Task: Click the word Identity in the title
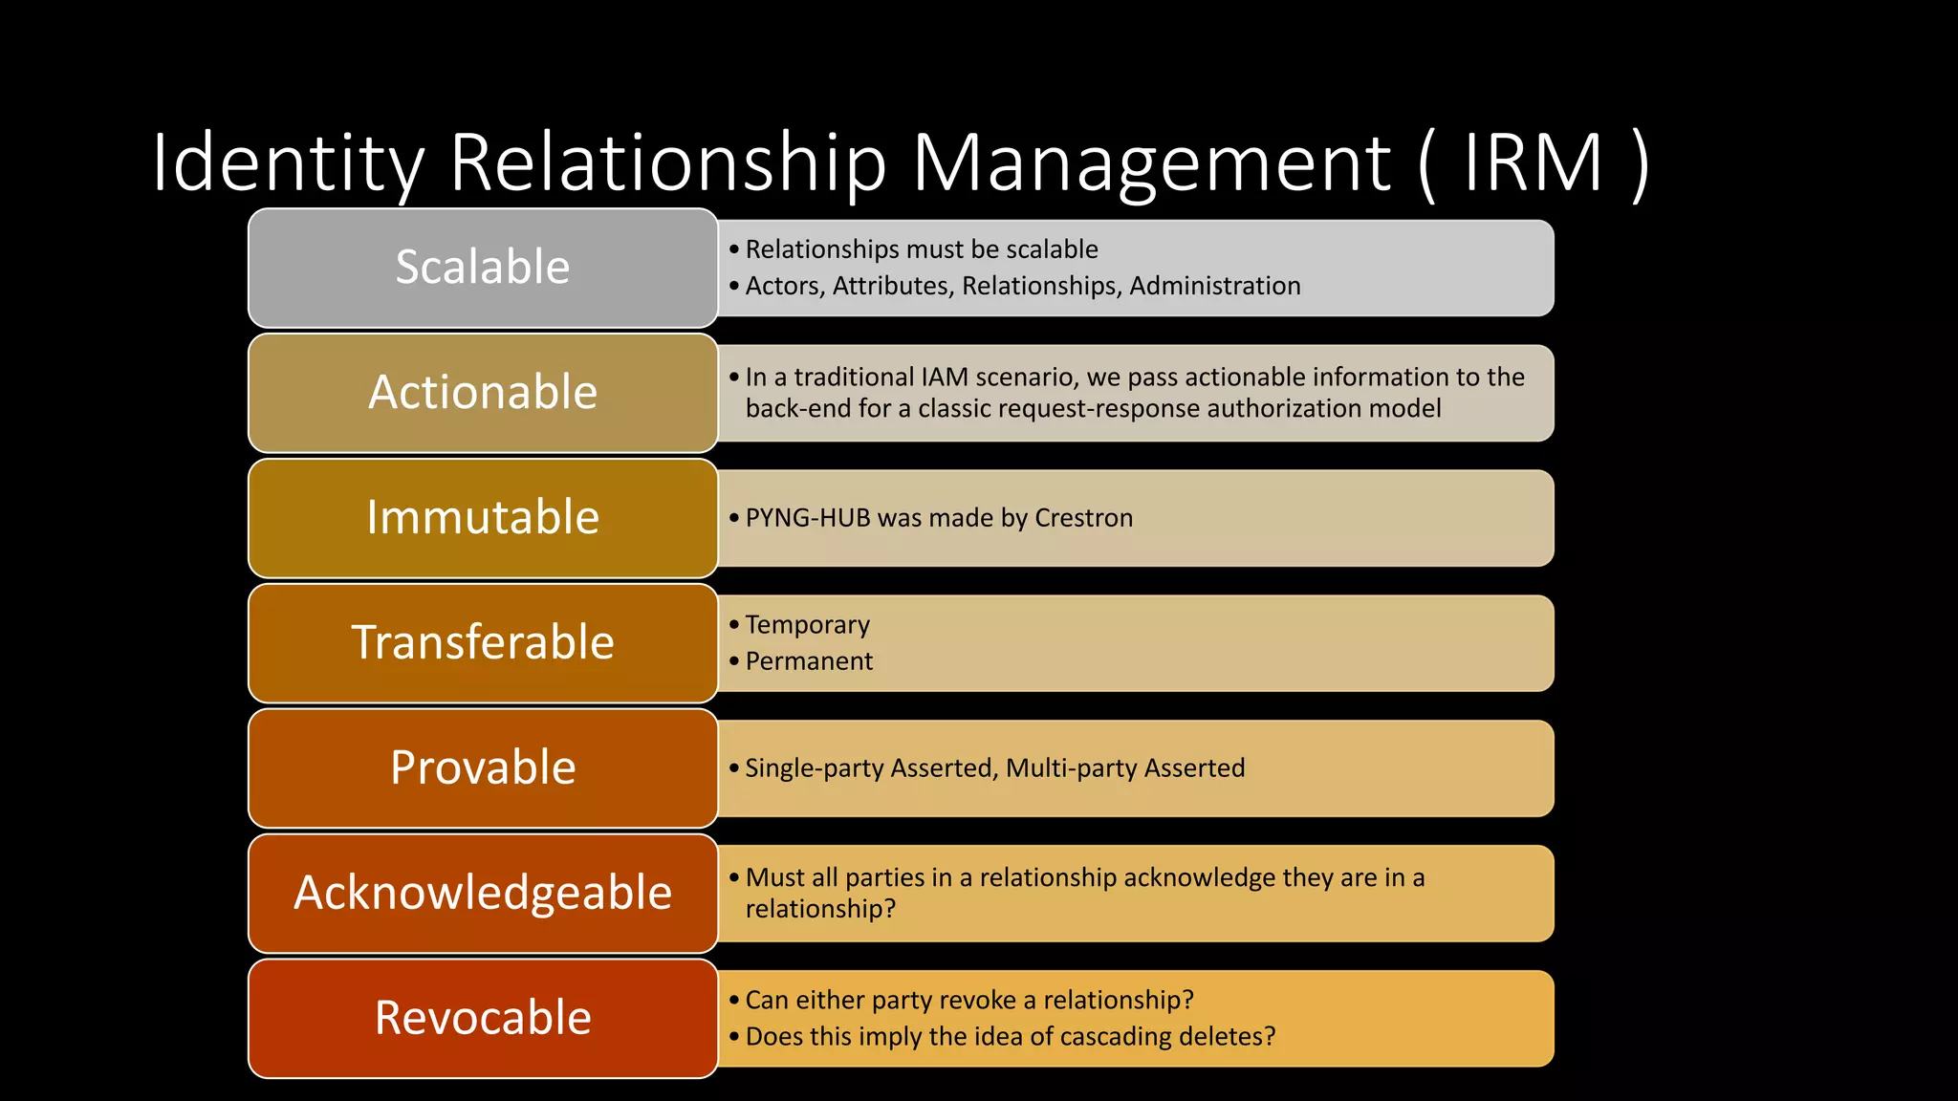click(288, 162)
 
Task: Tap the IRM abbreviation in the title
click(1534, 162)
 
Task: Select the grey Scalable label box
click(483, 268)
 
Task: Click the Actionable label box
click(483, 393)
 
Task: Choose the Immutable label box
click(483, 518)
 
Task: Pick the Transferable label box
click(483, 643)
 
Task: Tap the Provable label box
click(483, 768)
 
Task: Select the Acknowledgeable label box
click(483, 894)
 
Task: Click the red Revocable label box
click(483, 1019)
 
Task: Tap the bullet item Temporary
click(808, 625)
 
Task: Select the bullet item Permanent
click(809, 661)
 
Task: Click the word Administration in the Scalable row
click(1215, 286)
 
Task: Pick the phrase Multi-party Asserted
click(1125, 768)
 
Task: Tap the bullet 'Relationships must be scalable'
click(922, 249)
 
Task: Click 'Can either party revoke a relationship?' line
click(969, 1001)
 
